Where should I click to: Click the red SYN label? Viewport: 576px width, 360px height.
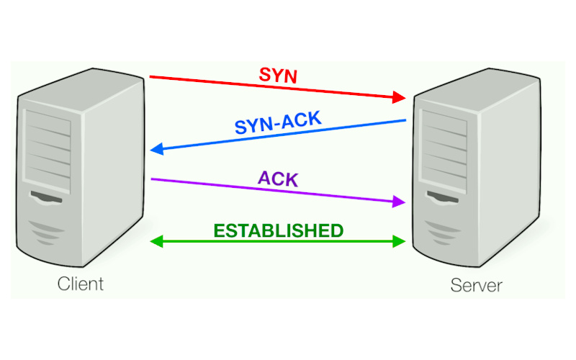click(277, 75)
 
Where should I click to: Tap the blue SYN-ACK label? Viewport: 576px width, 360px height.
click(278, 124)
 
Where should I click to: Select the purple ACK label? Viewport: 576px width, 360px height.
click(277, 179)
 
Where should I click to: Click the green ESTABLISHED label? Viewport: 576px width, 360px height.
click(278, 231)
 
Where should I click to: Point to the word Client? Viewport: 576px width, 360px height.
click(81, 283)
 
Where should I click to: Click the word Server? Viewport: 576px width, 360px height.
click(477, 285)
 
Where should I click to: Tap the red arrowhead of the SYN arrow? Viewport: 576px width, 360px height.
click(399, 96)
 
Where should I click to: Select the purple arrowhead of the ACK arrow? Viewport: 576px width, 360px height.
click(399, 203)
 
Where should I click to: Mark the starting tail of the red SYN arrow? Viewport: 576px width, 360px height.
click(151, 76)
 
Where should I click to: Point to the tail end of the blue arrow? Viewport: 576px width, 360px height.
click(405, 120)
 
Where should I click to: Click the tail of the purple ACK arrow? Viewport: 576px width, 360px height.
click(152, 179)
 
